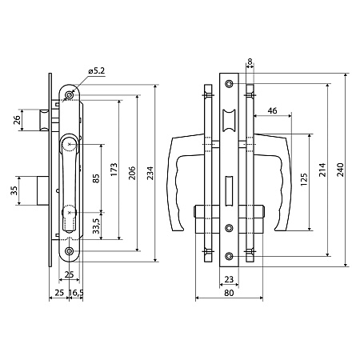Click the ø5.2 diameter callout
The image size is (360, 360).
(x=97, y=71)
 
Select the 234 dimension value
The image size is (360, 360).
(x=150, y=173)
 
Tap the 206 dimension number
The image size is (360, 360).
(x=132, y=173)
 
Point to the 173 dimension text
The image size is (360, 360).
(x=114, y=170)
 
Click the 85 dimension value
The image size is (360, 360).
(x=96, y=178)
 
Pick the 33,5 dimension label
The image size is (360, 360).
(x=96, y=226)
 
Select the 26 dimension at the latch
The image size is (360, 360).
(x=17, y=120)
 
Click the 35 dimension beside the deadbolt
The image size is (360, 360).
(x=14, y=190)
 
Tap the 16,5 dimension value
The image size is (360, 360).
(x=76, y=293)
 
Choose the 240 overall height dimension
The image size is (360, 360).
(x=341, y=170)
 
